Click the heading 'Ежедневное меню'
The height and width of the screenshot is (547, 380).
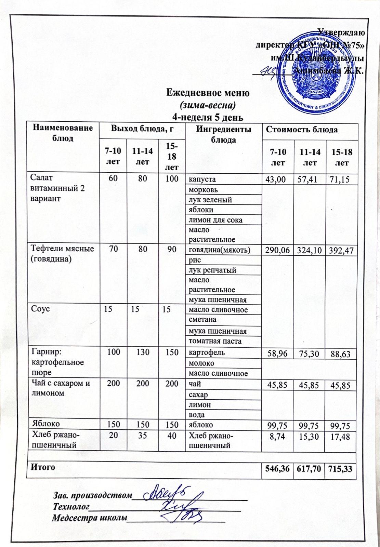point(208,93)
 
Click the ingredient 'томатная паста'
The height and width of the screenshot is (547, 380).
point(215,341)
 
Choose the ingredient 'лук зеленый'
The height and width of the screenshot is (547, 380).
point(210,200)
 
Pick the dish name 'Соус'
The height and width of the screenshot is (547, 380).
point(41,309)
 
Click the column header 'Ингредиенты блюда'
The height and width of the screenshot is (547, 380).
point(223,134)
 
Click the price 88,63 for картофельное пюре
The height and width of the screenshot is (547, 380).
point(340,353)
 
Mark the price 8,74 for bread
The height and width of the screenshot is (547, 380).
point(278,436)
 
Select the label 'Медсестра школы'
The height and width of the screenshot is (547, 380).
point(89,518)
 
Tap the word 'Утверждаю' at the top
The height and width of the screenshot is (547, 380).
point(341,32)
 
